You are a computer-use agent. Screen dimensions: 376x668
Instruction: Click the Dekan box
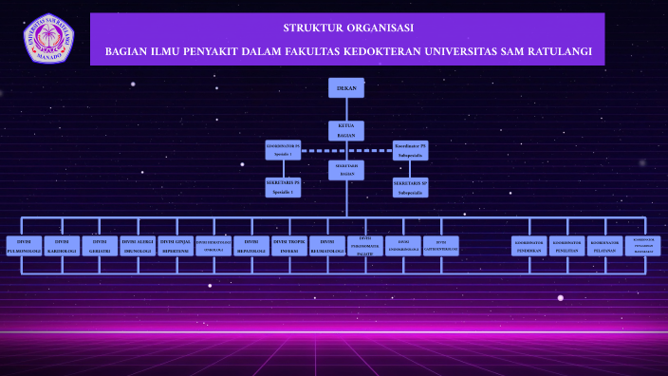346,88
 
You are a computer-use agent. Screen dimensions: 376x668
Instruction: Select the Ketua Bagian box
346,131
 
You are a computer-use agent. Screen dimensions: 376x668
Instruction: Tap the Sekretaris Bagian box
346,170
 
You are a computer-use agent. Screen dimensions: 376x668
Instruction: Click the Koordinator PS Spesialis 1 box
283,149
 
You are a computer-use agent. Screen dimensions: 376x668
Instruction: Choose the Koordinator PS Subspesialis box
410,149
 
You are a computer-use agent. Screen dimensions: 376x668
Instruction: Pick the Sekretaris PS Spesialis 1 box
283,187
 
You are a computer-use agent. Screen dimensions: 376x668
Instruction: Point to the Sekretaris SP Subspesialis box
410,187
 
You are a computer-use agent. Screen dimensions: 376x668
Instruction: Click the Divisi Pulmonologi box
24,247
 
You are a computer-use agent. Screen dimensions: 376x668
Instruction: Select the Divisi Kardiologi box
62,247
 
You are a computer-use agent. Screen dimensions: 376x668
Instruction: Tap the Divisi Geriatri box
100,247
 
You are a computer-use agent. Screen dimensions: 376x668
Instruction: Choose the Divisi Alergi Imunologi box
138,247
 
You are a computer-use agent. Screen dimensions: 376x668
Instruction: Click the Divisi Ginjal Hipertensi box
176,247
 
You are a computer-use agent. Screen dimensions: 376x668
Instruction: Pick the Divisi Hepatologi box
251,247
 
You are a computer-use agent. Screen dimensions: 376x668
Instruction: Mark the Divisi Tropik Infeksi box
289,247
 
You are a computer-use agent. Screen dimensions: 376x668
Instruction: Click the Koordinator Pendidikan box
529,247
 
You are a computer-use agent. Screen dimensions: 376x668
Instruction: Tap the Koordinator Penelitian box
566,247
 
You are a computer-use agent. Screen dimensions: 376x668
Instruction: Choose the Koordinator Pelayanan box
605,247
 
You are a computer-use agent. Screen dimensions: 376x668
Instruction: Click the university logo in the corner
48,38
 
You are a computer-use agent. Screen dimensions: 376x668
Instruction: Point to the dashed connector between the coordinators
346,150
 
